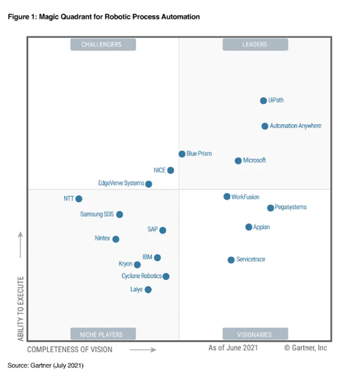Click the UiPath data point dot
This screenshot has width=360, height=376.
coord(263,100)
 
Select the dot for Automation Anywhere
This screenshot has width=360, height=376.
coord(265,126)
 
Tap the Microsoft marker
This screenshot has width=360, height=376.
coord(238,161)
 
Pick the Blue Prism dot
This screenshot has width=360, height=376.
coord(182,154)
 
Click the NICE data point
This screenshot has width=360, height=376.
coord(170,170)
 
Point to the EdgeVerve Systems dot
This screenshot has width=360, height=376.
coord(149,184)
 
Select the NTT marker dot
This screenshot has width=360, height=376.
coord(79,198)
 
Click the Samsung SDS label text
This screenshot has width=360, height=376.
coord(97,214)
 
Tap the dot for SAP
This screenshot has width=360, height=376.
coord(163,230)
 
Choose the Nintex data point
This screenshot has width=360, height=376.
coord(116,239)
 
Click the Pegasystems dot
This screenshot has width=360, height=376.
coord(270,208)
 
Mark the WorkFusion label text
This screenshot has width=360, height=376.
coord(245,197)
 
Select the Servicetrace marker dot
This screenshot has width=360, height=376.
coord(231,260)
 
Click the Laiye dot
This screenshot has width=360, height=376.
coord(148,289)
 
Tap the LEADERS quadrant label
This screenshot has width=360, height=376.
coord(254,45)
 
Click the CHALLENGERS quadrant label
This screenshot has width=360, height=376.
coord(101,45)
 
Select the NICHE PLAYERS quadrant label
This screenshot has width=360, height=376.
coord(101,334)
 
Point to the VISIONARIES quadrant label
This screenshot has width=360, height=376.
coord(254,334)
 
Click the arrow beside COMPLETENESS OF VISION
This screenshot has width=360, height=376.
coord(144,349)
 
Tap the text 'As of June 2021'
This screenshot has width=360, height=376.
coord(234,348)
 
